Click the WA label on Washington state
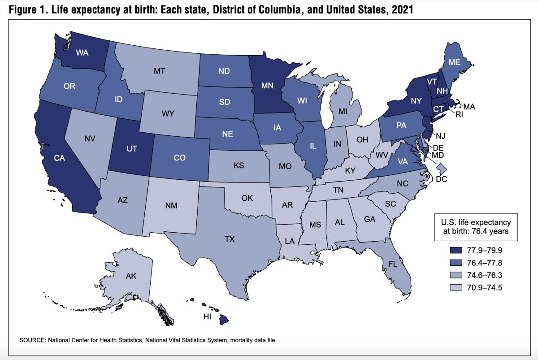click(82, 52)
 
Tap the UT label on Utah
click(131, 148)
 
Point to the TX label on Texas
click(230, 240)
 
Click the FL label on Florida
click(393, 264)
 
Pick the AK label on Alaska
click(131, 276)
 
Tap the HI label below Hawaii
click(207, 317)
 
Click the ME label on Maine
click(454, 63)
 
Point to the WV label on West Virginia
click(382, 155)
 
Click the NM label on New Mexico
click(171, 206)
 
